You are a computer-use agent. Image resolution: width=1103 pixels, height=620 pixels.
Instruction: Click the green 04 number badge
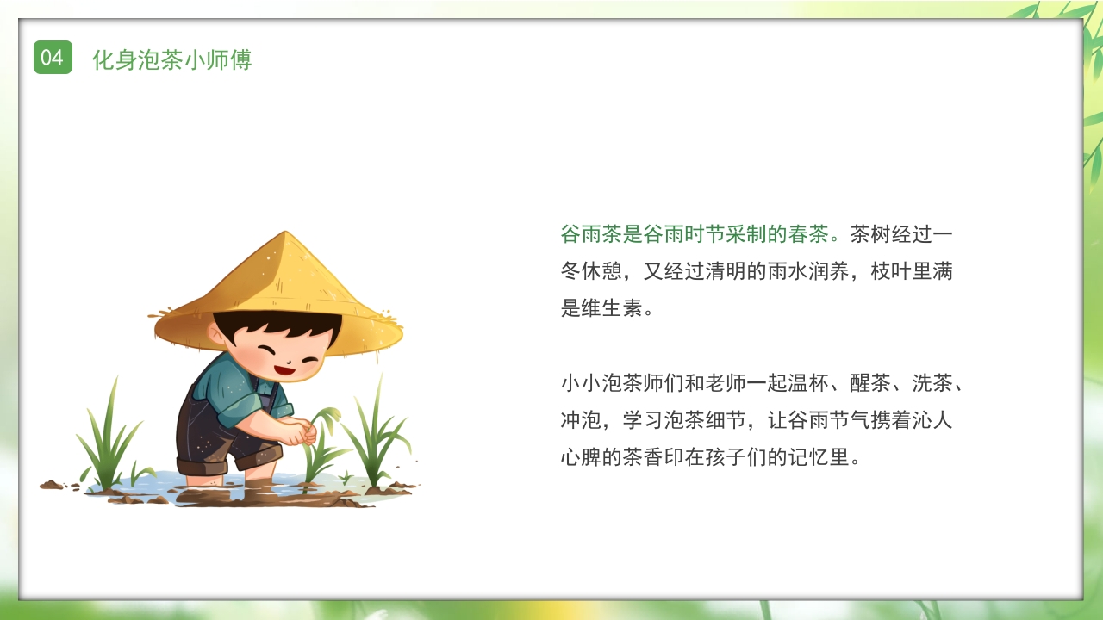click(53, 58)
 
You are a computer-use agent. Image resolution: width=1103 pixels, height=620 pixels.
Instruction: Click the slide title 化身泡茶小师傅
click(171, 59)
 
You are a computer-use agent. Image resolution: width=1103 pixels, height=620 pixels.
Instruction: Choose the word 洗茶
click(932, 383)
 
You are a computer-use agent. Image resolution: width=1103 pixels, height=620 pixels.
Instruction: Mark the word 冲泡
click(581, 420)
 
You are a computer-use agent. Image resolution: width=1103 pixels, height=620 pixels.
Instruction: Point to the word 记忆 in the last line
click(808, 457)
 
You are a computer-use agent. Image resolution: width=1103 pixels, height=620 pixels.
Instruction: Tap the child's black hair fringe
click(276, 325)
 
